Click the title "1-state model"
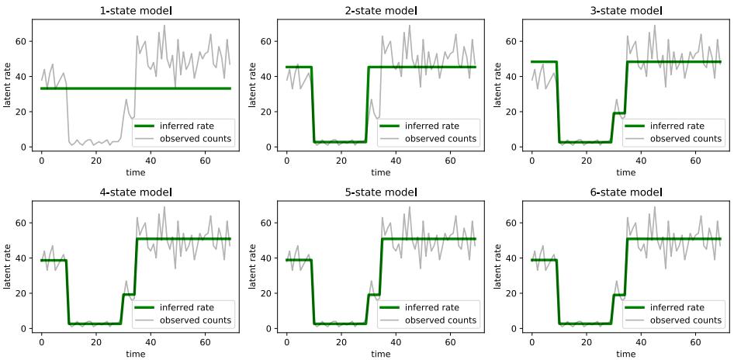pos(136,11)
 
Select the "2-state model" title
pos(381,11)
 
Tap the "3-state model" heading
pos(626,11)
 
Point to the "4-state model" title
pos(136,192)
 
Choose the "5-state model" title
pos(381,192)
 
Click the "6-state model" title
pos(626,192)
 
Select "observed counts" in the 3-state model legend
pos(686,139)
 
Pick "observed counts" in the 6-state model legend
pos(686,320)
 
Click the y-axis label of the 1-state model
pos(8,81)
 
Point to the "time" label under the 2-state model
pos(381,173)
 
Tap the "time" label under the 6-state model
pos(626,355)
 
